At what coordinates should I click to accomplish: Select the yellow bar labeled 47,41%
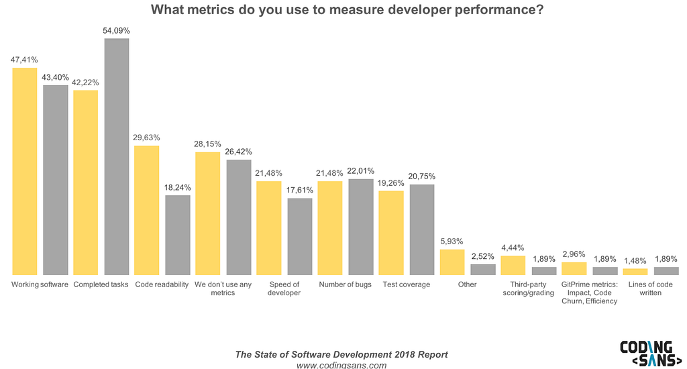pyautogui.click(x=25, y=171)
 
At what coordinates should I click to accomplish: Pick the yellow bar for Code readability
pyautogui.click(x=147, y=210)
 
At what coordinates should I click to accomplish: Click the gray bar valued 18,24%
pyautogui.click(x=178, y=235)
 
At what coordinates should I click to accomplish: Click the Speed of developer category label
pyautogui.click(x=284, y=288)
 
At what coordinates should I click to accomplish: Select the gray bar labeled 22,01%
pyautogui.click(x=361, y=227)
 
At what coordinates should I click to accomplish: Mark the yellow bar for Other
pyautogui.click(x=452, y=262)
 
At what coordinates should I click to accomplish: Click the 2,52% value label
pyautogui.click(x=483, y=256)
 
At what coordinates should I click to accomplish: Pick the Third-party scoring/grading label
pyautogui.click(x=528, y=288)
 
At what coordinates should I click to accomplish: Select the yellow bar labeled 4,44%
pyautogui.click(x=513, y=265)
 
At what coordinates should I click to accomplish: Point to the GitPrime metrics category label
pyautogui.click(x=589, y=293)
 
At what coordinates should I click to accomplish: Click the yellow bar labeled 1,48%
pyautogui.click(x=635, y=271)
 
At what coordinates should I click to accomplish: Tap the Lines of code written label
pyautogui.click(x=651, y=288)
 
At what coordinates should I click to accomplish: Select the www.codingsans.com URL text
pyautogui.click(x=341, y=365)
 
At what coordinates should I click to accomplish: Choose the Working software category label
pyautogui.click(x=40, y=284)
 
